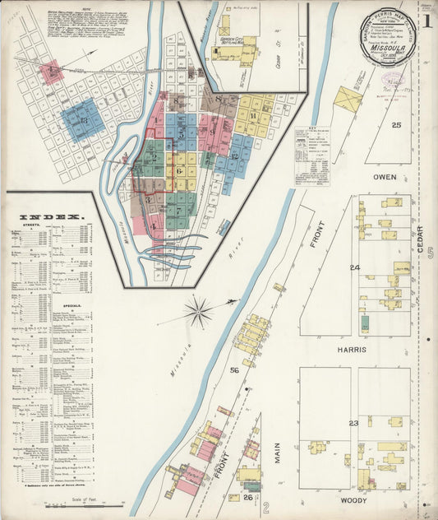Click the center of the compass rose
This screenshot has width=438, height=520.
pyautogui.click(x=197, y=311)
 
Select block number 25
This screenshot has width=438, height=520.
pyautogui.click(x=396, y=125)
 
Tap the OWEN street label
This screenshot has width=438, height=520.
pyautogui.click(x=385, y=177)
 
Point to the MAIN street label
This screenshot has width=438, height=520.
pyautogui.click(x=278, y=455)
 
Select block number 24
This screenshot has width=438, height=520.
pyautogui.click(x=355, y=268)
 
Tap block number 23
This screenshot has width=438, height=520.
pyautogui.click(x=354, y=423)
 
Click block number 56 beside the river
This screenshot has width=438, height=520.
pyautogui.click(x=234, y=370)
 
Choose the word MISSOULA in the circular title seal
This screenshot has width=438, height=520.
pyautogui.click(x=386, y=48)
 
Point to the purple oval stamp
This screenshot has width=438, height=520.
pyautogui.click(x=394, y=79)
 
